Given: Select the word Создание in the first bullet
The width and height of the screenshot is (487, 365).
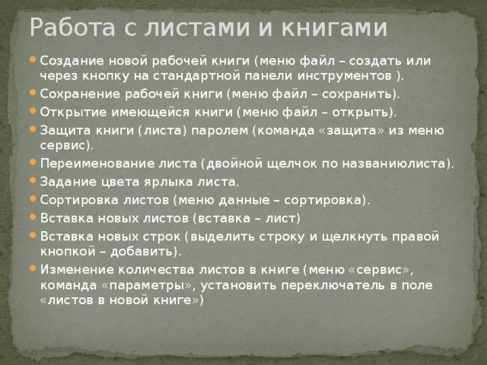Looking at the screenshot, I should pyautogui.click(x=70, y=61).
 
